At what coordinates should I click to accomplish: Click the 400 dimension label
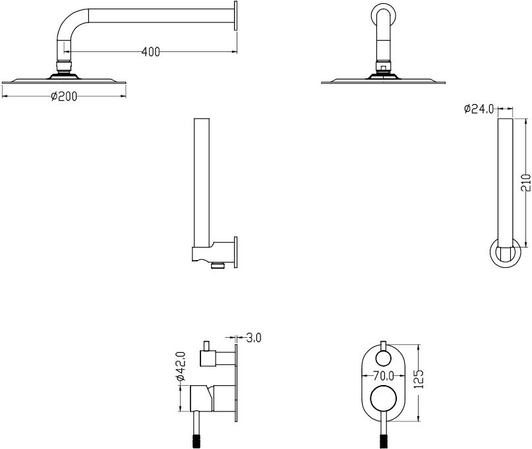(150, 52)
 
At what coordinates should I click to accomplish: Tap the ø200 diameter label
(64, 96)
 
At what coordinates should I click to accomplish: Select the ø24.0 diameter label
(479, 109)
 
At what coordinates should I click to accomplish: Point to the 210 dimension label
(525, 182)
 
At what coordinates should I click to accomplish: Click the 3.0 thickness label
(254, 338)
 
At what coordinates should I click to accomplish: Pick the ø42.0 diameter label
(181, 367)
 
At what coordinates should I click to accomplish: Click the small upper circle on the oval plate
(383, 358)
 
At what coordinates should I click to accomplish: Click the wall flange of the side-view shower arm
(236, 25)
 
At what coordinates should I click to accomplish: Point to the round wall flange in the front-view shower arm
(384, 15)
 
